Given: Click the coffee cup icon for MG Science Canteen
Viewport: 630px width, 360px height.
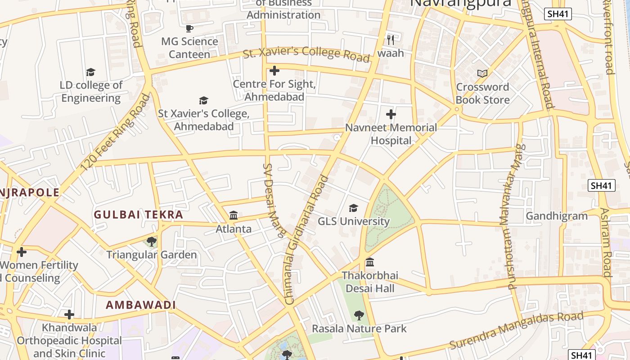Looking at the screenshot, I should (x=189, y=28).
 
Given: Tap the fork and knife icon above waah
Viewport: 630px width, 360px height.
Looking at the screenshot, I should (x=391, y=40).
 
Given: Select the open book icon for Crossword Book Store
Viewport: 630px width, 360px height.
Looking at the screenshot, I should (x=482, y=73).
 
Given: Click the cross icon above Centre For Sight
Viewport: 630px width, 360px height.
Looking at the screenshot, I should (x=274, y=71).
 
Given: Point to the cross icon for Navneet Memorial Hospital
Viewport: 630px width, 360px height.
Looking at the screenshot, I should (x=391, y=114).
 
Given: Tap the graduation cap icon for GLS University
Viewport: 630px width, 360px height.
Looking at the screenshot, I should (x=354, y=208).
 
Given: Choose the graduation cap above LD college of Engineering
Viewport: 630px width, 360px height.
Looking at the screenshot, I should (x=91, y=72).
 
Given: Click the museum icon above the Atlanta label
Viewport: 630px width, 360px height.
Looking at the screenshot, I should (x=234, y=216).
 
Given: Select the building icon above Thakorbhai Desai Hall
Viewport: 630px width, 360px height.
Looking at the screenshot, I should (x=370, y=262).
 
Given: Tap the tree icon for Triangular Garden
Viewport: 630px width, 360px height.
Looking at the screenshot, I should (x=152, y=242).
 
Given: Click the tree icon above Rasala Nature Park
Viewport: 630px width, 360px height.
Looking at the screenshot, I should (x=359, y=315).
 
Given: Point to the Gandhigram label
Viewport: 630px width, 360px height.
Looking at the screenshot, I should (x=557, y=216).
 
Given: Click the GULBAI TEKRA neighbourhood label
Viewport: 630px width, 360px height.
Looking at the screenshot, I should (x=138, y=215).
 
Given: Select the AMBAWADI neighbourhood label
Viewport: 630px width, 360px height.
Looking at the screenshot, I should (x=140, y=305).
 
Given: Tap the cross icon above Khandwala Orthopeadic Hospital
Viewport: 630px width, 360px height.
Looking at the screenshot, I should (x=69, y=314).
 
